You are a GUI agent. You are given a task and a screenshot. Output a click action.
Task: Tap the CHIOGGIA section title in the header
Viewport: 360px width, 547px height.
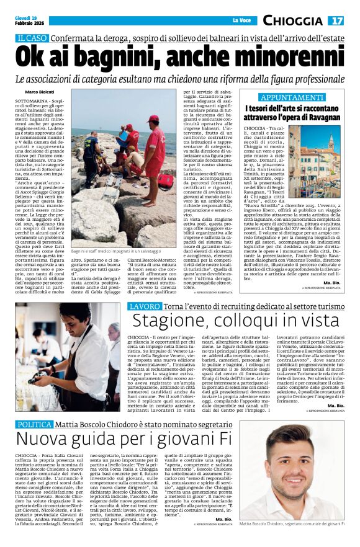click(x=294, y=21)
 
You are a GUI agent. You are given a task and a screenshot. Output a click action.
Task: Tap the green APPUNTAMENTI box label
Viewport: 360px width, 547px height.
click(x=291, y=98)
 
